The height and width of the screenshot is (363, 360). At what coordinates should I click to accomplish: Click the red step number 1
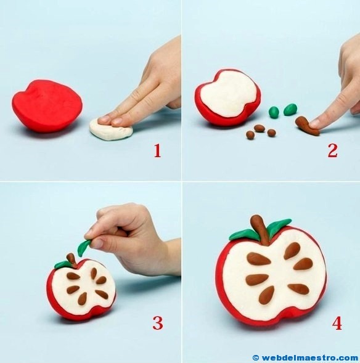coord(157,150)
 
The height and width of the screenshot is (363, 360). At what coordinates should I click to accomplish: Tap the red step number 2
coord(332,150)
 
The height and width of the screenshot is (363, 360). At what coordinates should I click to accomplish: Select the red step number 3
coord(158,323)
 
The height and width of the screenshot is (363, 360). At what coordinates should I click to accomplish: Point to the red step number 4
coord(337,323)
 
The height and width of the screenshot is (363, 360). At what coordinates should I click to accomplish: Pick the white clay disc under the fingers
coord(111,130)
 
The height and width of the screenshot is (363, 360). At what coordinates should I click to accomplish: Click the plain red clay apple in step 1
coord(47,106)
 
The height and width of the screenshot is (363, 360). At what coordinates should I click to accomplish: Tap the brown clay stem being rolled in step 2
coord(307,126)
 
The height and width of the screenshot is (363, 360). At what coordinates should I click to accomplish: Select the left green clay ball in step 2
coord(274,112)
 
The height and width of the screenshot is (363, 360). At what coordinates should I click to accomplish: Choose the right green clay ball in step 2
coord(290,109)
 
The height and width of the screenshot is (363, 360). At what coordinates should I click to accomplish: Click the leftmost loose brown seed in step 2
coord(250,135)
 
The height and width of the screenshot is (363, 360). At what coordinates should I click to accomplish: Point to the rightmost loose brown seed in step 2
coord(272,133)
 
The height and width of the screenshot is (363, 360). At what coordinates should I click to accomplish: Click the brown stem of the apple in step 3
coord(72,260)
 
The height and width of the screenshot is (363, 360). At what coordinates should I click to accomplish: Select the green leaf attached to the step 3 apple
coord(62,264)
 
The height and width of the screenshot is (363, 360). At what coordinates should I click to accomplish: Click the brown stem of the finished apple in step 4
coord(261,229)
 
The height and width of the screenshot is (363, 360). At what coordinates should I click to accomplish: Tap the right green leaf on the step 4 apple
coord(279,226)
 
